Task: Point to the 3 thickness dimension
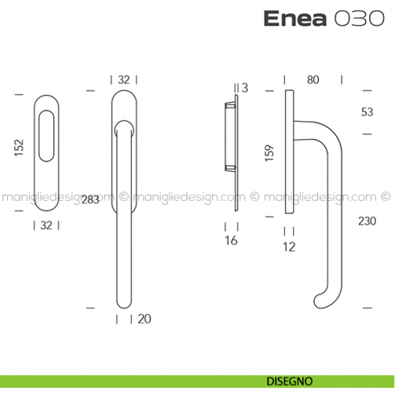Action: (x=244, y=87)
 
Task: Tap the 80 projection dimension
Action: (x=313, y=79)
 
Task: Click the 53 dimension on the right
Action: (x=366, y=112)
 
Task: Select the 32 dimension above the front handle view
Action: (x=124, y=79)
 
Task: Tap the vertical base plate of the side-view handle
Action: (x=287, y=153)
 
